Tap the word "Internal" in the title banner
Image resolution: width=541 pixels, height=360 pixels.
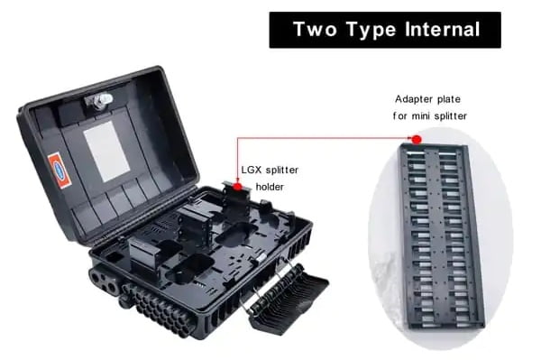[x=440, y=30]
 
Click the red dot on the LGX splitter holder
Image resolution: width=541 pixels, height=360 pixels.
[x=237, y=187]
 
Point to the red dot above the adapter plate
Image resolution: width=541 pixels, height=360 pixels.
[x=416, y=139]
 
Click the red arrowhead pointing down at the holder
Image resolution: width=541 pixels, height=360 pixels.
[x=237, y=179]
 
